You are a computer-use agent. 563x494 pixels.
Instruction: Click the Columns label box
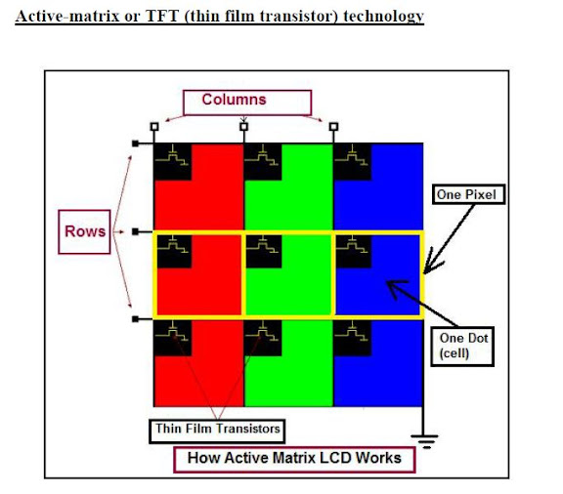(x=247, y=103)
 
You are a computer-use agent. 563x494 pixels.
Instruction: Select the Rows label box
(x=84, y=232)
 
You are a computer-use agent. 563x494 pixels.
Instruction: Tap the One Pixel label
(x=468, y=194)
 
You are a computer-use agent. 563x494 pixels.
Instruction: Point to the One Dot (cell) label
(x=462, y=347)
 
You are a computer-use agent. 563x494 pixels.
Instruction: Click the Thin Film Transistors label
(x=217, y=431)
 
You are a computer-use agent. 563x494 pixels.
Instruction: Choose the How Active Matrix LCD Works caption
(x=294, y=460)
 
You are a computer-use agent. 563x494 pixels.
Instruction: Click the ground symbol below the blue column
(x=425, y=441)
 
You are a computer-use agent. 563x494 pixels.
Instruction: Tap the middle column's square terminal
(x=243, y=127)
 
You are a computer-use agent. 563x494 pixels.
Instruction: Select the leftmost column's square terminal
(x=154, y=127)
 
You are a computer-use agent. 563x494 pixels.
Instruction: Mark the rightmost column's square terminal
(x=333, y=127)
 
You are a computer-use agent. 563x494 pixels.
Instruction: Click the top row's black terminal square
(x=135, y=144)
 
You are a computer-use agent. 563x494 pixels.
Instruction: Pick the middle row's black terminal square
(x=135, y=231)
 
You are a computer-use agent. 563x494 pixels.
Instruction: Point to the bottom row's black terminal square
(x=135, y=319)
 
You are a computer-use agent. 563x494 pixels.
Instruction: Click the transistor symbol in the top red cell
(x=172, y=155)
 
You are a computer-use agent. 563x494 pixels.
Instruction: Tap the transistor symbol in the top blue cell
(x=352, y=155)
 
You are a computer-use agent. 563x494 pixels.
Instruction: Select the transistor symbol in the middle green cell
(x=263, y=244)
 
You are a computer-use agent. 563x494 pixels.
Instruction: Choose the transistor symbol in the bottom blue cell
(x=352, y=332)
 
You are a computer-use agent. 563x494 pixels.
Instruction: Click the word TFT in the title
(x=162, y=17)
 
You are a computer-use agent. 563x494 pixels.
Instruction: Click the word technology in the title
(x=383, y=17)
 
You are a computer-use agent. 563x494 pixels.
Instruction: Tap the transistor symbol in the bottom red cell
(x=172, y=332)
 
